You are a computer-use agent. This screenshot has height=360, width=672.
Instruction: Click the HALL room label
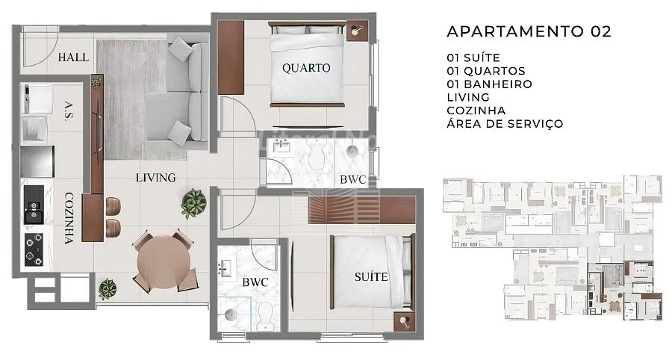[73, 57]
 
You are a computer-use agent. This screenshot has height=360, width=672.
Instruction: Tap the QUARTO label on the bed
[306, 68]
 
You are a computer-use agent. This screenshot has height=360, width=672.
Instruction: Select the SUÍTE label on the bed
[371, 277]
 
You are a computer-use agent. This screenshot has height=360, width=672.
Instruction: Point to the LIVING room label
[155, 178]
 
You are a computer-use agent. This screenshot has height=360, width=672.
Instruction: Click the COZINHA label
[69, 218]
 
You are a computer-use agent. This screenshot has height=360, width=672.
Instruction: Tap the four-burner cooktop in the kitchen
[34, 249]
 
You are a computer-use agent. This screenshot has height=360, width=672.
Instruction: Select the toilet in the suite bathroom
[265, 316]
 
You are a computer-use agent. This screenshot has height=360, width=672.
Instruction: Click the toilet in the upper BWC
[317, 155]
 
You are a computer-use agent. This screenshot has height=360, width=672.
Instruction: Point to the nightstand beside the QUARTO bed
[357, 31]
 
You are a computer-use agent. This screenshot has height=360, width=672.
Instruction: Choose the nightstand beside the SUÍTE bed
[405, 321]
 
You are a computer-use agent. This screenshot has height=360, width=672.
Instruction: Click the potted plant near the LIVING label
[193, 203]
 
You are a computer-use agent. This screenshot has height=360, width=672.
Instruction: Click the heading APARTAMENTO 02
[529, 31]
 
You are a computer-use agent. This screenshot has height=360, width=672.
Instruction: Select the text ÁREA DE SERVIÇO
[505, 123]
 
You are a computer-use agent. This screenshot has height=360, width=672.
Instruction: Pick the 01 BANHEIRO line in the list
[489, 84]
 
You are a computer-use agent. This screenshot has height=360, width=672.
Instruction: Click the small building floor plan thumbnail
[553, 247]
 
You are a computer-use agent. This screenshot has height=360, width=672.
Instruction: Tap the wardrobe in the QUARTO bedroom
[231, 57]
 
